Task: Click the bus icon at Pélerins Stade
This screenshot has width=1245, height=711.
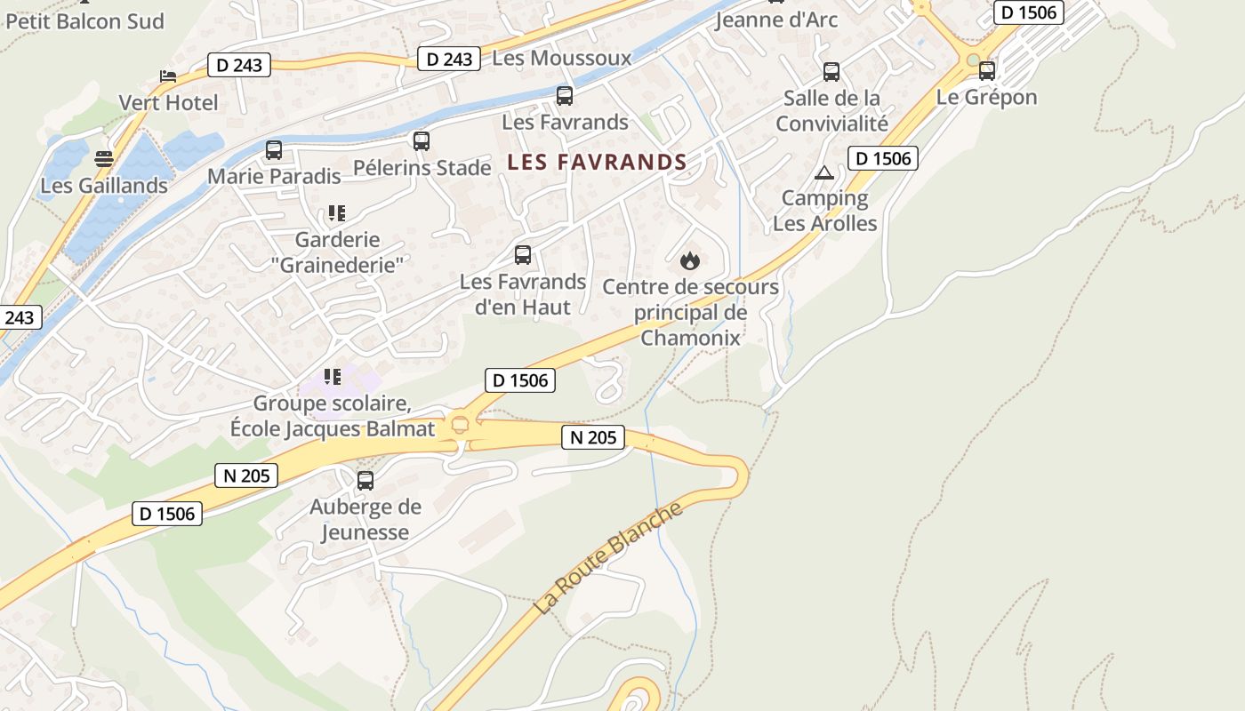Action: click(422, 141)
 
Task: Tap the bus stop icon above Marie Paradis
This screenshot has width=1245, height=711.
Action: click(274, 150)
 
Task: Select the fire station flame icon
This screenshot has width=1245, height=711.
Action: click(690, 260)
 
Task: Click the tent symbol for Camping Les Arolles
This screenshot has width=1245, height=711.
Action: click(824, 172)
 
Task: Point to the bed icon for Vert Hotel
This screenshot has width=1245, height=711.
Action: click(168, 76)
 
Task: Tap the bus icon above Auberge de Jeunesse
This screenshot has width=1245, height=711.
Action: click(365, 481)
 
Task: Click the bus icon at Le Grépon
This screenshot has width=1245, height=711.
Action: click(987, 71)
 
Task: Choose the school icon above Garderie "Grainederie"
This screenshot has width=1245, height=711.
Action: click(336, 213)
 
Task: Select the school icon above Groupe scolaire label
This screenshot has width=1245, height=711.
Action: click(333, 377)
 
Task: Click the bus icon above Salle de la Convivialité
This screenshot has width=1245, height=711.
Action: click(831, 72)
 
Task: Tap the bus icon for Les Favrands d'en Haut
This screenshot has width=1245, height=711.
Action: click(523, 256)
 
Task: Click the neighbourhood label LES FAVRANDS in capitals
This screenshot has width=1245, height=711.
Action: click(597, 163)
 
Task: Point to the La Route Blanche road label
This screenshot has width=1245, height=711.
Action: click(609, 558)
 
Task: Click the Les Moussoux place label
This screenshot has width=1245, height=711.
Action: click(561, 59)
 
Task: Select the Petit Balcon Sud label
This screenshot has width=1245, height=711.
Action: click(85, 21)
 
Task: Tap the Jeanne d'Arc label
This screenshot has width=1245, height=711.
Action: click(776, 20)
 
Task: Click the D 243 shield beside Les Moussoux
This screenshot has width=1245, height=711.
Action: click(449, 60)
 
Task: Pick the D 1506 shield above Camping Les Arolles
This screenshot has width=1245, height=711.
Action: click(882, 158)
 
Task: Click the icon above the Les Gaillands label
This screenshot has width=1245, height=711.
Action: click(104, 160)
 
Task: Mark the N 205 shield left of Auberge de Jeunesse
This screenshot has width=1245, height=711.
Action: click(246, 475)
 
